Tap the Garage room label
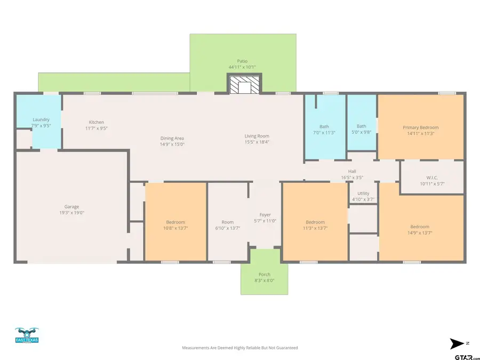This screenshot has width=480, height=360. [71, 207]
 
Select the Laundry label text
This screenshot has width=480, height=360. [41, 119]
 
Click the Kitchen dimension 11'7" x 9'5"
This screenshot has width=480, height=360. [97, 128]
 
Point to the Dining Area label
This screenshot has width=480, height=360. [172, 138]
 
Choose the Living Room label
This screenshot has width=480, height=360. [257, 136]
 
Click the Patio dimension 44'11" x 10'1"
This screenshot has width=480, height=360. [242, 67]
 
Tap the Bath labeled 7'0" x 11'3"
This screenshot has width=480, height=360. [324, 129]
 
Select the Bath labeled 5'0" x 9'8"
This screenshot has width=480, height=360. [362, 129]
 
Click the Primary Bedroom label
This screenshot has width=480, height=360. [420, 127]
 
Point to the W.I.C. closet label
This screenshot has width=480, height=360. [432, 178]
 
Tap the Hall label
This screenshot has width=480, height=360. [352, 171]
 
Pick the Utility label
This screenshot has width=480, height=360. [363, 194]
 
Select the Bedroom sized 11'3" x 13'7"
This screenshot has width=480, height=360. [315, 222]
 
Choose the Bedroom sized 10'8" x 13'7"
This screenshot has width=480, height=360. [175, 222]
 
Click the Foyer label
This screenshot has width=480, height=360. [265, 215]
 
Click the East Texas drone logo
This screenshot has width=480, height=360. [27, 337]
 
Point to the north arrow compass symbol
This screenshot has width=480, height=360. [457, 343]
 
